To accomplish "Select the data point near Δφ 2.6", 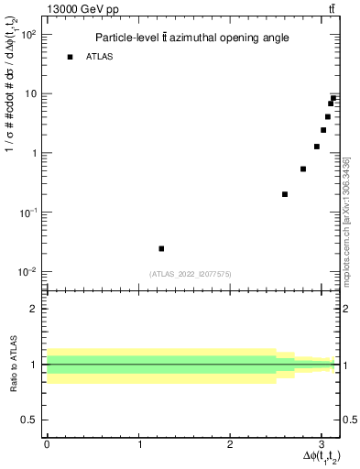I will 285,194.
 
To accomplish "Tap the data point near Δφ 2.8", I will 303,169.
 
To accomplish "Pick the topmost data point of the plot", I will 333,98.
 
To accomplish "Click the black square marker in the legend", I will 70,57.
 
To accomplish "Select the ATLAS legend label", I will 100,57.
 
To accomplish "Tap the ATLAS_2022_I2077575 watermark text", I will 190,273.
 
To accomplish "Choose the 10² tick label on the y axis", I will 27,35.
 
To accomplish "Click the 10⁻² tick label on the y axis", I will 27,272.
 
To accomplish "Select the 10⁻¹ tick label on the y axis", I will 27,213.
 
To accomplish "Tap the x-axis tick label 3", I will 322,443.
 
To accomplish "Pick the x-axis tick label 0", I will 47,443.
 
